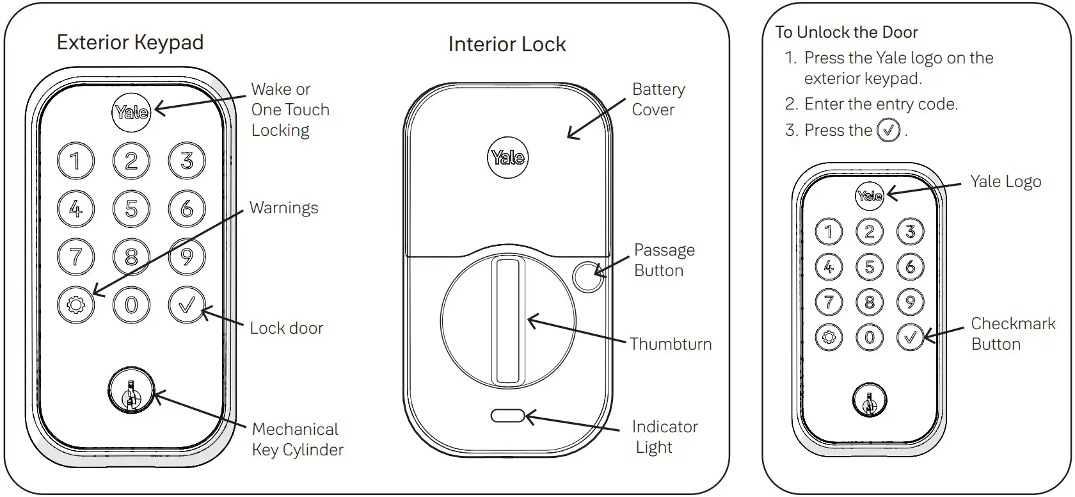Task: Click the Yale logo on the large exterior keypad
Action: (131, 113)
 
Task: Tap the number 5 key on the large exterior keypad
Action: (131, 209)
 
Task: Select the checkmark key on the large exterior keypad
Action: (186, 305)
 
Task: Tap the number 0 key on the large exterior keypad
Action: (131, 305)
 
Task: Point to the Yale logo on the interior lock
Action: (508, 158)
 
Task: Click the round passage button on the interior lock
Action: (587, 277)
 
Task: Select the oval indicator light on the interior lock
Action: (507, 416)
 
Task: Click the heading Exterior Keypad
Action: (130, 43)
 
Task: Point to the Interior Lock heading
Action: (507, 45)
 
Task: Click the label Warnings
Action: (283, 208)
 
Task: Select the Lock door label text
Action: (286, 329)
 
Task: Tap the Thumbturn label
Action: (670, 344)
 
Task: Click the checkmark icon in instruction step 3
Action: (888, 131)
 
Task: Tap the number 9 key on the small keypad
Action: (910, 302)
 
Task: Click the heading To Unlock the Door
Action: (846, 32)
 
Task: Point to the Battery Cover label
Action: (657, 99)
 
